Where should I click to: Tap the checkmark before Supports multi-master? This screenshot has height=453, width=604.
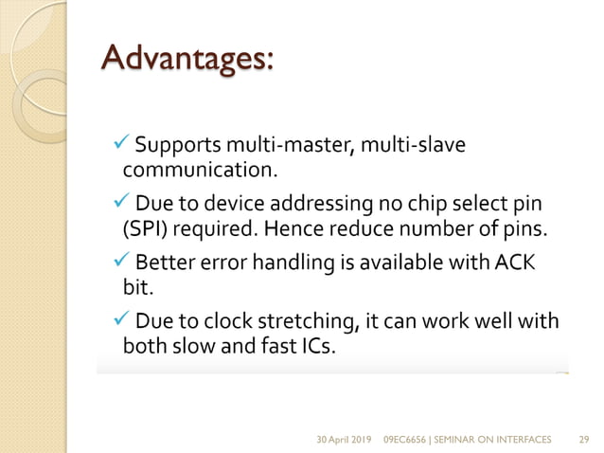[119, 145]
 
